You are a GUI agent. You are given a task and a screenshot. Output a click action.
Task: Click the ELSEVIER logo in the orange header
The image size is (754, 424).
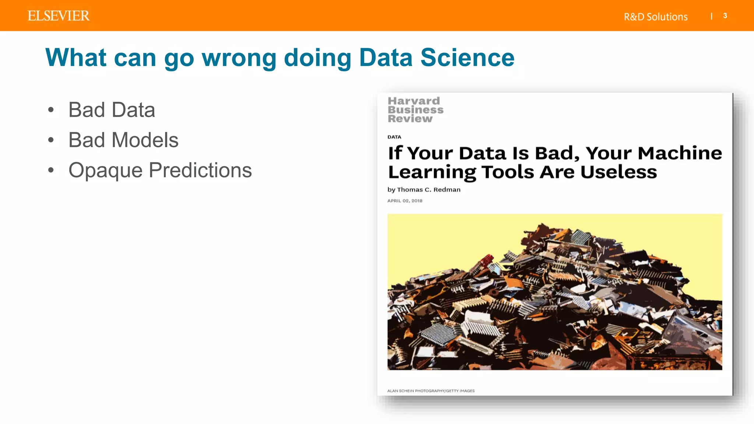click(59, 16)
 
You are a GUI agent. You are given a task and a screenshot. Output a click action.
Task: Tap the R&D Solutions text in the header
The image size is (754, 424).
click(655, 17)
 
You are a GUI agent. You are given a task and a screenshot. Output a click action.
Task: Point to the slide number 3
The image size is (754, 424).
click(725, 16)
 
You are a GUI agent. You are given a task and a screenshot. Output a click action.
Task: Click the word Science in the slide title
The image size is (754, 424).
click(467, 58)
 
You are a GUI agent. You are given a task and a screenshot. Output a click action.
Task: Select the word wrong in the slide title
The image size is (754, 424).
click(239, 58)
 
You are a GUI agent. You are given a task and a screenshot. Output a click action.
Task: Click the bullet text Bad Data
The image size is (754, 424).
click(112, 110)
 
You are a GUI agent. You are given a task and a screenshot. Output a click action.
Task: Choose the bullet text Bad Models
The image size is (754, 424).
click(123, 140)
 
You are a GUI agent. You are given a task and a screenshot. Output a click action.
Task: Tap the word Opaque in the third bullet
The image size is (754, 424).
click(105, 170)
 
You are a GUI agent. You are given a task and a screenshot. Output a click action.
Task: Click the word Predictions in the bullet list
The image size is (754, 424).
click(200, 170)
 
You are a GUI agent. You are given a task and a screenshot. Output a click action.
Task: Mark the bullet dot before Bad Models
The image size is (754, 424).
click(51, 140)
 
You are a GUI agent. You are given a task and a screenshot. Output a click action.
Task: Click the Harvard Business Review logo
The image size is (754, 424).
click(415, 110)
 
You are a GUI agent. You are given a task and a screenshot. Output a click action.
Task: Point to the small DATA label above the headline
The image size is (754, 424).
click(394, 137)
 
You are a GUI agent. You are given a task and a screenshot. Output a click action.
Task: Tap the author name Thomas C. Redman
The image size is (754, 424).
click(429, 190)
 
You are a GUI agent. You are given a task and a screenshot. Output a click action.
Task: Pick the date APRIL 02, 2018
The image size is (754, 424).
click(405, 201)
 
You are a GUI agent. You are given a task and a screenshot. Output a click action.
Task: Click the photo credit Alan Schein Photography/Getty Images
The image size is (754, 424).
click(431, 391)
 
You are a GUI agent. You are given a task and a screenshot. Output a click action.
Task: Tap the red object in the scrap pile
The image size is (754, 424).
click(485, 262)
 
